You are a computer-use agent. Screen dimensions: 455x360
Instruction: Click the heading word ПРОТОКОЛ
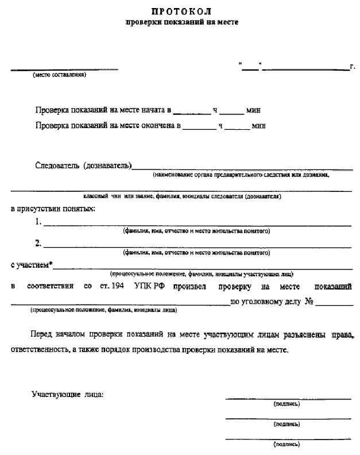coord(181,11)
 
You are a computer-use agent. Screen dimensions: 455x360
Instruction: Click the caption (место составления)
coord(59,75)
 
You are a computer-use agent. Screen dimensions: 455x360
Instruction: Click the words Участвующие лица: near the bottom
coord(67,395)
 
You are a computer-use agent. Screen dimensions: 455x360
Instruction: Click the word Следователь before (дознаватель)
coord(57,166)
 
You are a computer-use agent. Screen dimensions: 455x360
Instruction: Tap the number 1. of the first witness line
coord(38,222)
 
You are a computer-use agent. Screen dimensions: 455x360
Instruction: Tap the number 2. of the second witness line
coord(38,243)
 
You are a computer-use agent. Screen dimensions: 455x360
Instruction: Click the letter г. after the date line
coord(352,67)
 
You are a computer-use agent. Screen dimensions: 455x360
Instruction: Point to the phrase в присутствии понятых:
coord(53,208)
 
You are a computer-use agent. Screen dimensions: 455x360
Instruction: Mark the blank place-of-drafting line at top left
coord(64,69)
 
